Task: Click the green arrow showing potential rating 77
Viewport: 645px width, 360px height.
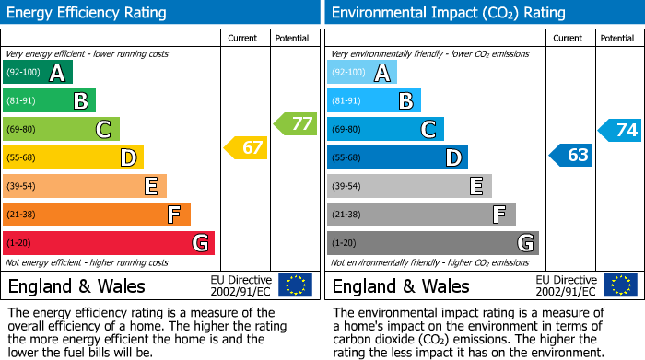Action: (296, 123)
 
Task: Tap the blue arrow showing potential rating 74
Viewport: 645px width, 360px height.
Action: (620, 130)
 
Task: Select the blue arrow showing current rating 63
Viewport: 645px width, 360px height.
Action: (572, 155)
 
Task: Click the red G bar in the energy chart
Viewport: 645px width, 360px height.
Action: (109, 243)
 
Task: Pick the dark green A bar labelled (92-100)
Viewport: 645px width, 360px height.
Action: (38, 73)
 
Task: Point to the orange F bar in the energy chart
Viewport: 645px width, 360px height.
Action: (97, 215)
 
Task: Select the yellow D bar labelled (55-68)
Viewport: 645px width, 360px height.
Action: (73, 157)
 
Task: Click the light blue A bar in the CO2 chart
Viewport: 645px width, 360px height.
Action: (362, 73)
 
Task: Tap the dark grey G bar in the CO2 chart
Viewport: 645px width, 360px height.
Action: (432, 243)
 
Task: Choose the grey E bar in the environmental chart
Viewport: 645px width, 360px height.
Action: (409, 186)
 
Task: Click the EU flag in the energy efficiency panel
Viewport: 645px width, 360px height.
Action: (295, 285)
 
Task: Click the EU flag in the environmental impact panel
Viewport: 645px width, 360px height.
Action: (619, 285)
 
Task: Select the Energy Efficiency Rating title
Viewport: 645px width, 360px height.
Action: (88, 13)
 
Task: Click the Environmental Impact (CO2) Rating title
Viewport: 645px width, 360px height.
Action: (447, 13)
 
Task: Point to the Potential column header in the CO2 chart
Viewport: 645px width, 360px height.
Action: (617, 38)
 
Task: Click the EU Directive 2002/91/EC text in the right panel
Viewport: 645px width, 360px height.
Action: (566, 285)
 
